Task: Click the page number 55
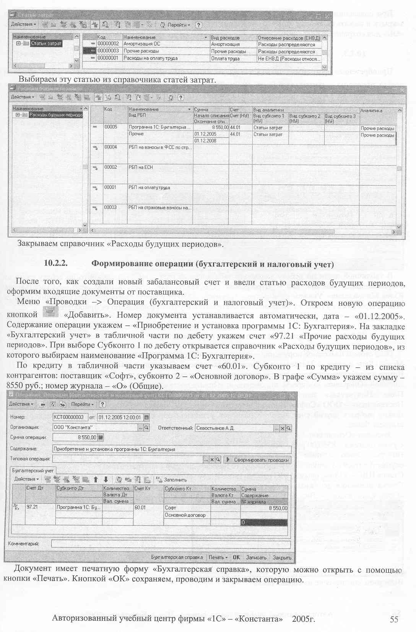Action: click(394, 619)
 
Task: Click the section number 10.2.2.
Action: click(56, 264)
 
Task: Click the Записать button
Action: click(256, 557)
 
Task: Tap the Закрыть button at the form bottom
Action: click(282, 557)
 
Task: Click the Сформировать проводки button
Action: click(258, 460)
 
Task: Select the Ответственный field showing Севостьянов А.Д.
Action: click(234, 428)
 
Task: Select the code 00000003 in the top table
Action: click(108, 51)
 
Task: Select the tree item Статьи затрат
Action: click(46, 44)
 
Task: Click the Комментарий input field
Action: click(171, 544)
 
